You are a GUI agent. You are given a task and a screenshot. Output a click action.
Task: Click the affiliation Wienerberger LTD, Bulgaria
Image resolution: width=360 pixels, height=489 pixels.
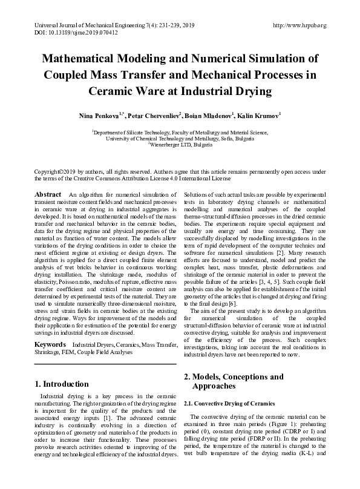click(180, 145)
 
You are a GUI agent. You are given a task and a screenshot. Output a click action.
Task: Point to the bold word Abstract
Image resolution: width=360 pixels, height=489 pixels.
click(48, 194)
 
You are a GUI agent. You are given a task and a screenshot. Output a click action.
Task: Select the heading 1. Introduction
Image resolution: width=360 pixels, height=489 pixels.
click(62, 384)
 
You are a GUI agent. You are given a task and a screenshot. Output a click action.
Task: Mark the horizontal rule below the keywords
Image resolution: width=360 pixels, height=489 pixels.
click(105, 364)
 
